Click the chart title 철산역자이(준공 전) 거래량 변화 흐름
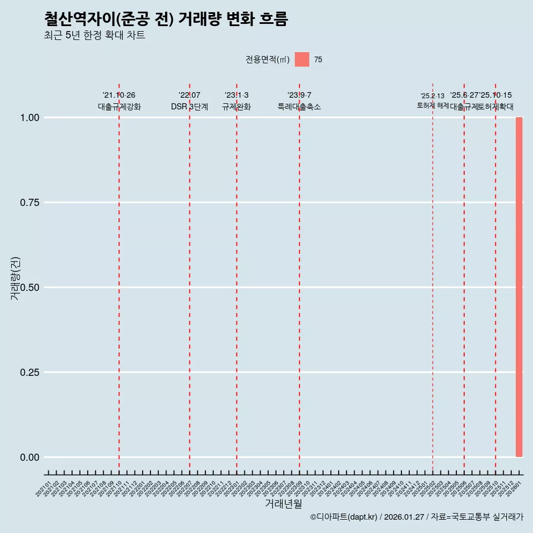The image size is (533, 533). pos(165,19)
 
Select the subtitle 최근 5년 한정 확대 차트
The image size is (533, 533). pos(94,36)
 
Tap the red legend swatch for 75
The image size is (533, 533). pos(301,59)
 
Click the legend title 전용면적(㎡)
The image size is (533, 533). pos(267,59)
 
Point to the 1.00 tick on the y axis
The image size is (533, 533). pos(29,117)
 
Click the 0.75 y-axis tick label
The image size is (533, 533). pos(29,202)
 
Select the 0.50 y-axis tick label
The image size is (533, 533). pos(29,287)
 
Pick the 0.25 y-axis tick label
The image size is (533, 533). pos(29,372)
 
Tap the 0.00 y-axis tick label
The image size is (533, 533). pos(29,457)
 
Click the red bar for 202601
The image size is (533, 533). pos(519,287)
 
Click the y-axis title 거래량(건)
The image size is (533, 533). pos(16,278)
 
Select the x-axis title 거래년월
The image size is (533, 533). pos(284,504)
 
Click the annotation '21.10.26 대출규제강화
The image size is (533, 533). pos(119,101)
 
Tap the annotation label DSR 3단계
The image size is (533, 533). pos(189,107)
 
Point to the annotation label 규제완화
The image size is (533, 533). pos(237,107)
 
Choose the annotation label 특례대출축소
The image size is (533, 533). pos(299,107)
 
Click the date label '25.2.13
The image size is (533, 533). pos(433,96)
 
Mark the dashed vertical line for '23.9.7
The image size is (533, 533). pos(299,278)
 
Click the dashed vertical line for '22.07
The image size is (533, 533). pos(189,278)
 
